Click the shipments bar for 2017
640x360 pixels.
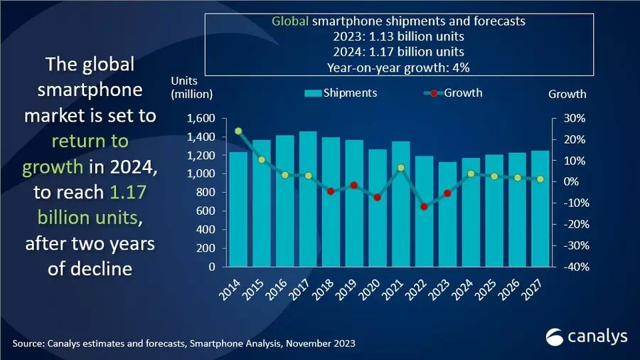point(308,199)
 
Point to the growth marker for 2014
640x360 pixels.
point(238,131)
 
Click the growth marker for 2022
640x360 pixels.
point(425,206)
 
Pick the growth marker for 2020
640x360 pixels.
point(378,197)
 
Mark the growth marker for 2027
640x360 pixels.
point(540,179)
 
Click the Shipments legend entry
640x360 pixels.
point(341,93)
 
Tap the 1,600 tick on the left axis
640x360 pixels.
point(200,118)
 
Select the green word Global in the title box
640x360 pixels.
point(289,21)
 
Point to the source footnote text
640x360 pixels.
point(183,344)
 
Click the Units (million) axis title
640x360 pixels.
point(191,86)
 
